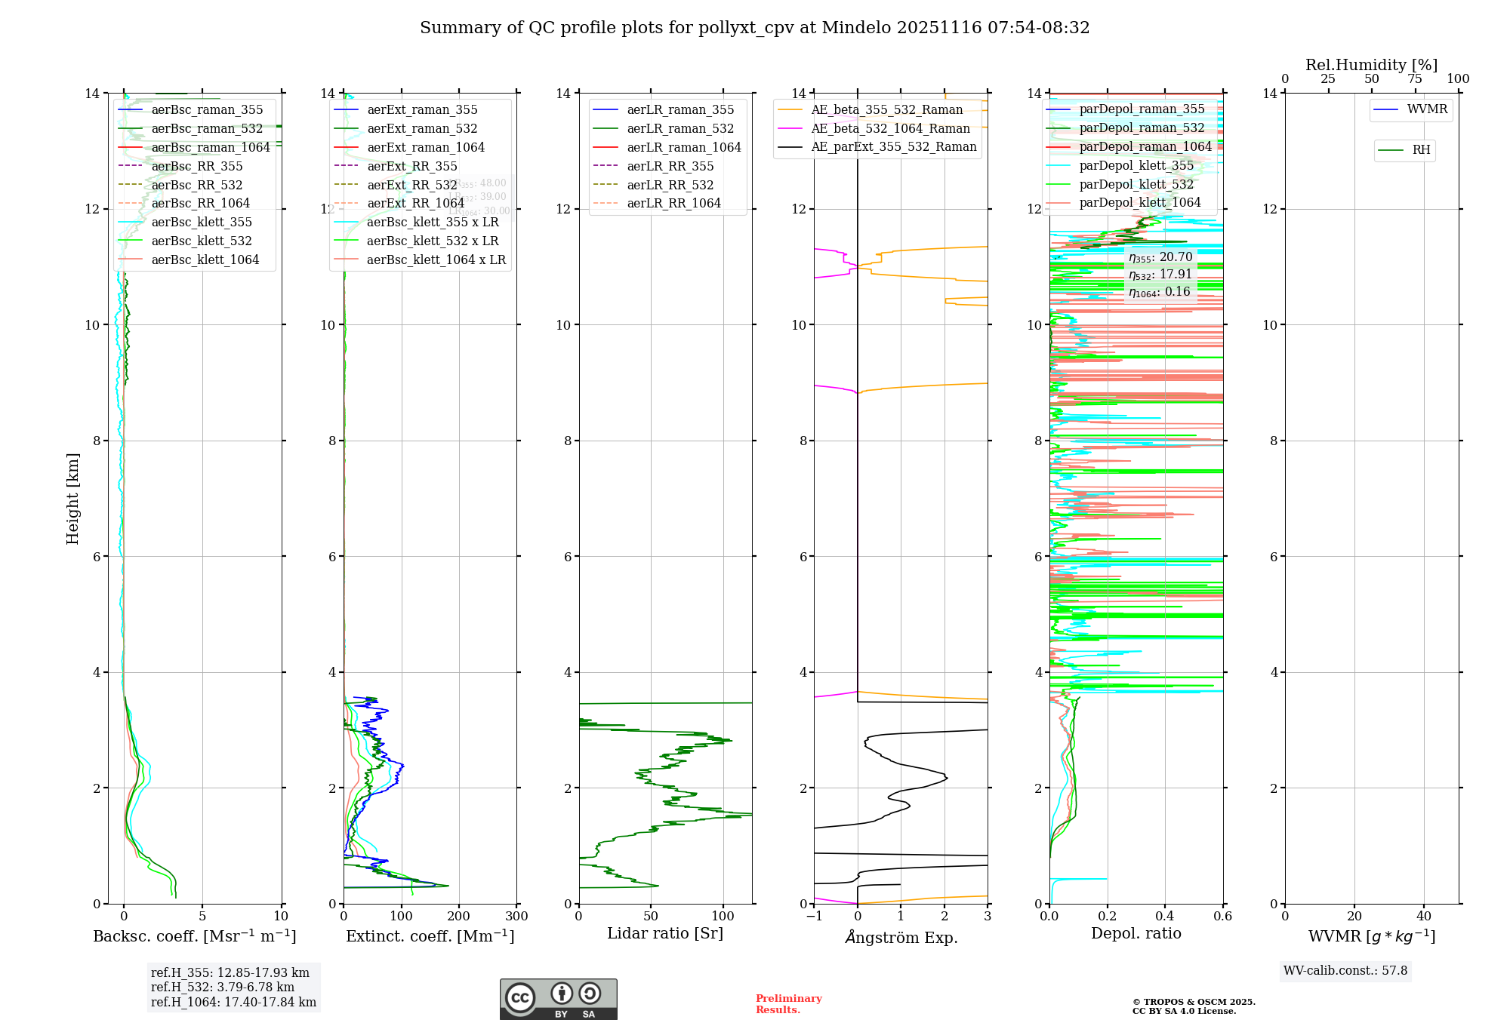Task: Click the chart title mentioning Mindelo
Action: pos(754,28)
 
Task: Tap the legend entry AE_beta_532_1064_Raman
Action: pos(890,128)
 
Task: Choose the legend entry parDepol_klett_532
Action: pos(1136,184)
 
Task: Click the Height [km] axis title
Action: pos(72,498)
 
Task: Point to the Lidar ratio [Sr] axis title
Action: pos(664,933)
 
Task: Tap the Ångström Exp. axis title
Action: pos(901,937)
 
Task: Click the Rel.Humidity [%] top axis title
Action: pos(1371,65)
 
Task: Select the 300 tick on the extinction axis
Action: pos(516,917)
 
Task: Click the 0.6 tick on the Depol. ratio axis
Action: pos(1222,917)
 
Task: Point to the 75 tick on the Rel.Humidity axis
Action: pos(1415,79)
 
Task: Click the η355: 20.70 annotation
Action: pos(1160,257)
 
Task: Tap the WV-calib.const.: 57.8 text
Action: pos(1345,971)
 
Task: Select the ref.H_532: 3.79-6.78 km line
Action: pos(223,987)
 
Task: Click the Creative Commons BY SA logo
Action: pos(558,999)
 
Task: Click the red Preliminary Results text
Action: pos(788,1003)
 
